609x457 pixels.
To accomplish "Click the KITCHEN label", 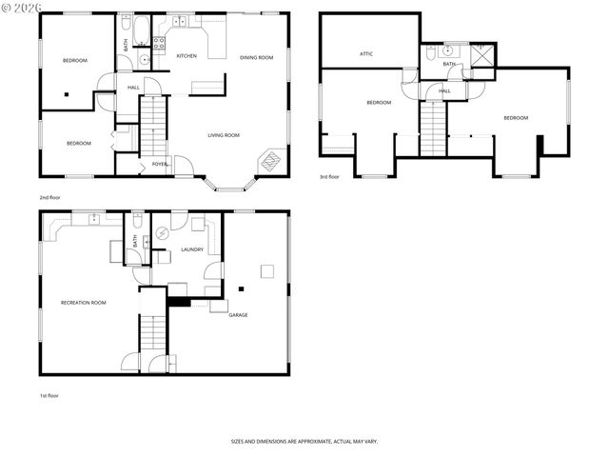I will pos(187,56).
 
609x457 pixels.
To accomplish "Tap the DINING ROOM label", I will pos(256,58).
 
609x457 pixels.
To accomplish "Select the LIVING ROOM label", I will pos(224,135).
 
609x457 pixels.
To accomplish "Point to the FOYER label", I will pos(160,164).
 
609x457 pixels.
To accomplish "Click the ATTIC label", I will pos(366,54).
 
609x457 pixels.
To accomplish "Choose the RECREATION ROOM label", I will pos(83,302).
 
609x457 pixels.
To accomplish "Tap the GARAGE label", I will pos(238,315).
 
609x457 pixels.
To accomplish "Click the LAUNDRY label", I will pos(192,249).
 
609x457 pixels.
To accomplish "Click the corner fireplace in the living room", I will pos(272,161).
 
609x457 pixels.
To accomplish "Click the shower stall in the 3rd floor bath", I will pos(484,55).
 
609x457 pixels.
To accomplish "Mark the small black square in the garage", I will pos(242,288).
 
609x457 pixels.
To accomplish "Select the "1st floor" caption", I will pos(49,395).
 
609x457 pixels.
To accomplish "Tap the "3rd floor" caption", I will pos(328,177).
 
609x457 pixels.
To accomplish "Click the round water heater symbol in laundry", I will pos(162,232).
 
